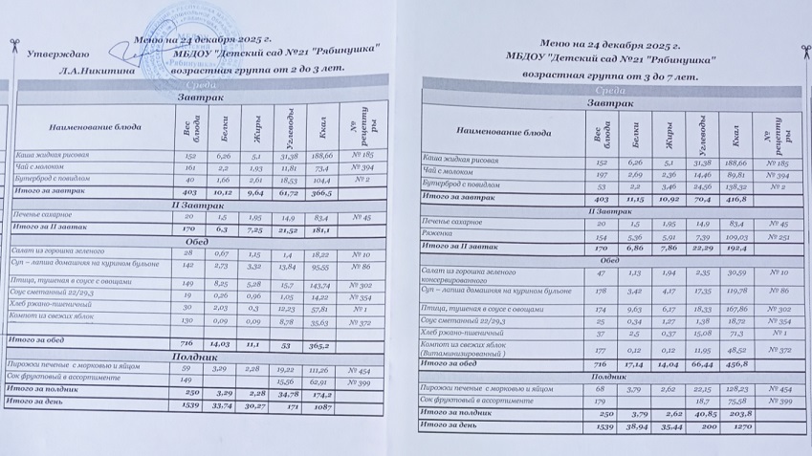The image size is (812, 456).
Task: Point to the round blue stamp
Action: point(196,38)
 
